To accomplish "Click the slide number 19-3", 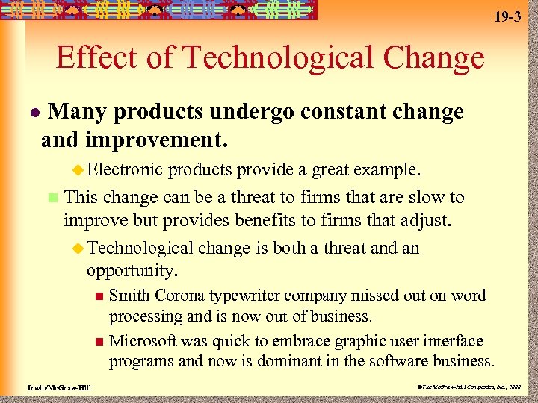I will coord(507,16).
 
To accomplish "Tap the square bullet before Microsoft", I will coord(99,342).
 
